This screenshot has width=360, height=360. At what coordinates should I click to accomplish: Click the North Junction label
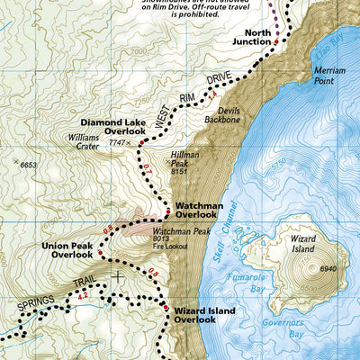(x=251, y=37)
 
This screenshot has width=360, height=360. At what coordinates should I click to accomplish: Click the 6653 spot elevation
(x=29, y=165)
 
